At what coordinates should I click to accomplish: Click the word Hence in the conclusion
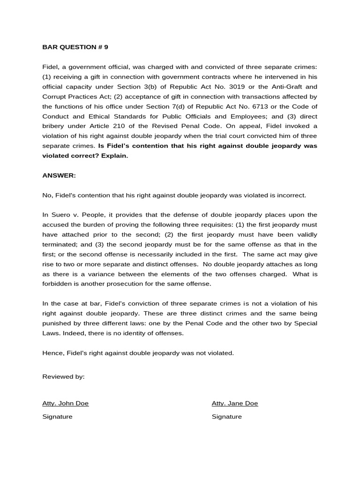coord(51,352)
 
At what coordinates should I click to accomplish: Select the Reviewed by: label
coord(63,377)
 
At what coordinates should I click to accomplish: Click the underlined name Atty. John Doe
coord(65,403)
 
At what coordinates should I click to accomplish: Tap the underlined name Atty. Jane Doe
coord(235,403)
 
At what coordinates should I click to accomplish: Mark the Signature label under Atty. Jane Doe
coord(227,416)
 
